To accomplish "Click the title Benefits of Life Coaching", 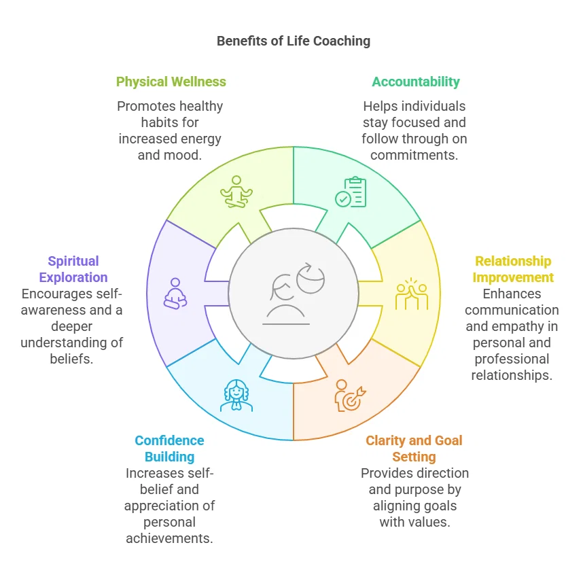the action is [294, 41].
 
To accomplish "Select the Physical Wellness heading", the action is [171, 82].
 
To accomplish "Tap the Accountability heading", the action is [416, 82].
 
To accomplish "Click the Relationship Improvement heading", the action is [513, 269].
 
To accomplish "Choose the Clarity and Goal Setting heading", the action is [414, 449].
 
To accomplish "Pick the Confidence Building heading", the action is [170, 449].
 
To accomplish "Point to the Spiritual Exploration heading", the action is [73, 269].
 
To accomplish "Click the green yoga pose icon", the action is [236, 192].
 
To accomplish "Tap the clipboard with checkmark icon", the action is [351, 192].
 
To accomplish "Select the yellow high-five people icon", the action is [412, 294].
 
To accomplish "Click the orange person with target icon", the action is [350, 396].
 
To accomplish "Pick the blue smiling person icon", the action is [236, 396].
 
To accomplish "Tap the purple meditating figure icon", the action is [175, 294].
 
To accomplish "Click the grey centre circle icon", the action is [294, 294].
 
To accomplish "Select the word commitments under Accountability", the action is [414, 155].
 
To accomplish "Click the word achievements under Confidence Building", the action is [170, 538].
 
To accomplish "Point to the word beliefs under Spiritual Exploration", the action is [71, 359].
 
